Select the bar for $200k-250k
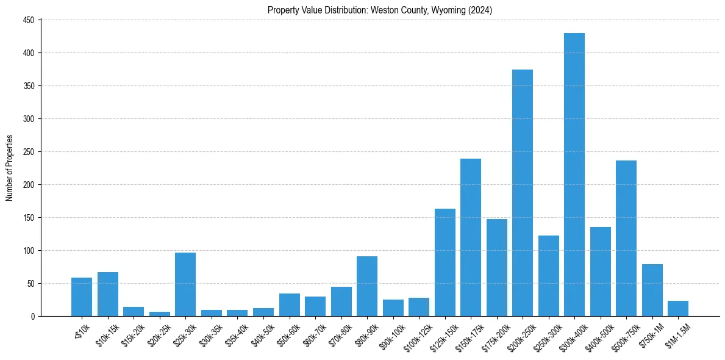523,193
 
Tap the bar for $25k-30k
185,284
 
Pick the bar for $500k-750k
626,238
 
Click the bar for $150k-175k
471,237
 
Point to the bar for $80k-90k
367,286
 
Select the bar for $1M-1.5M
678,308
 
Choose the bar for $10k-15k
108,294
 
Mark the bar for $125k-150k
445,262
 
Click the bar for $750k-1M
652,290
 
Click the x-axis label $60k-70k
313,332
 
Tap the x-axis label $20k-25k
157,332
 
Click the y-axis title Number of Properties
9,168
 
